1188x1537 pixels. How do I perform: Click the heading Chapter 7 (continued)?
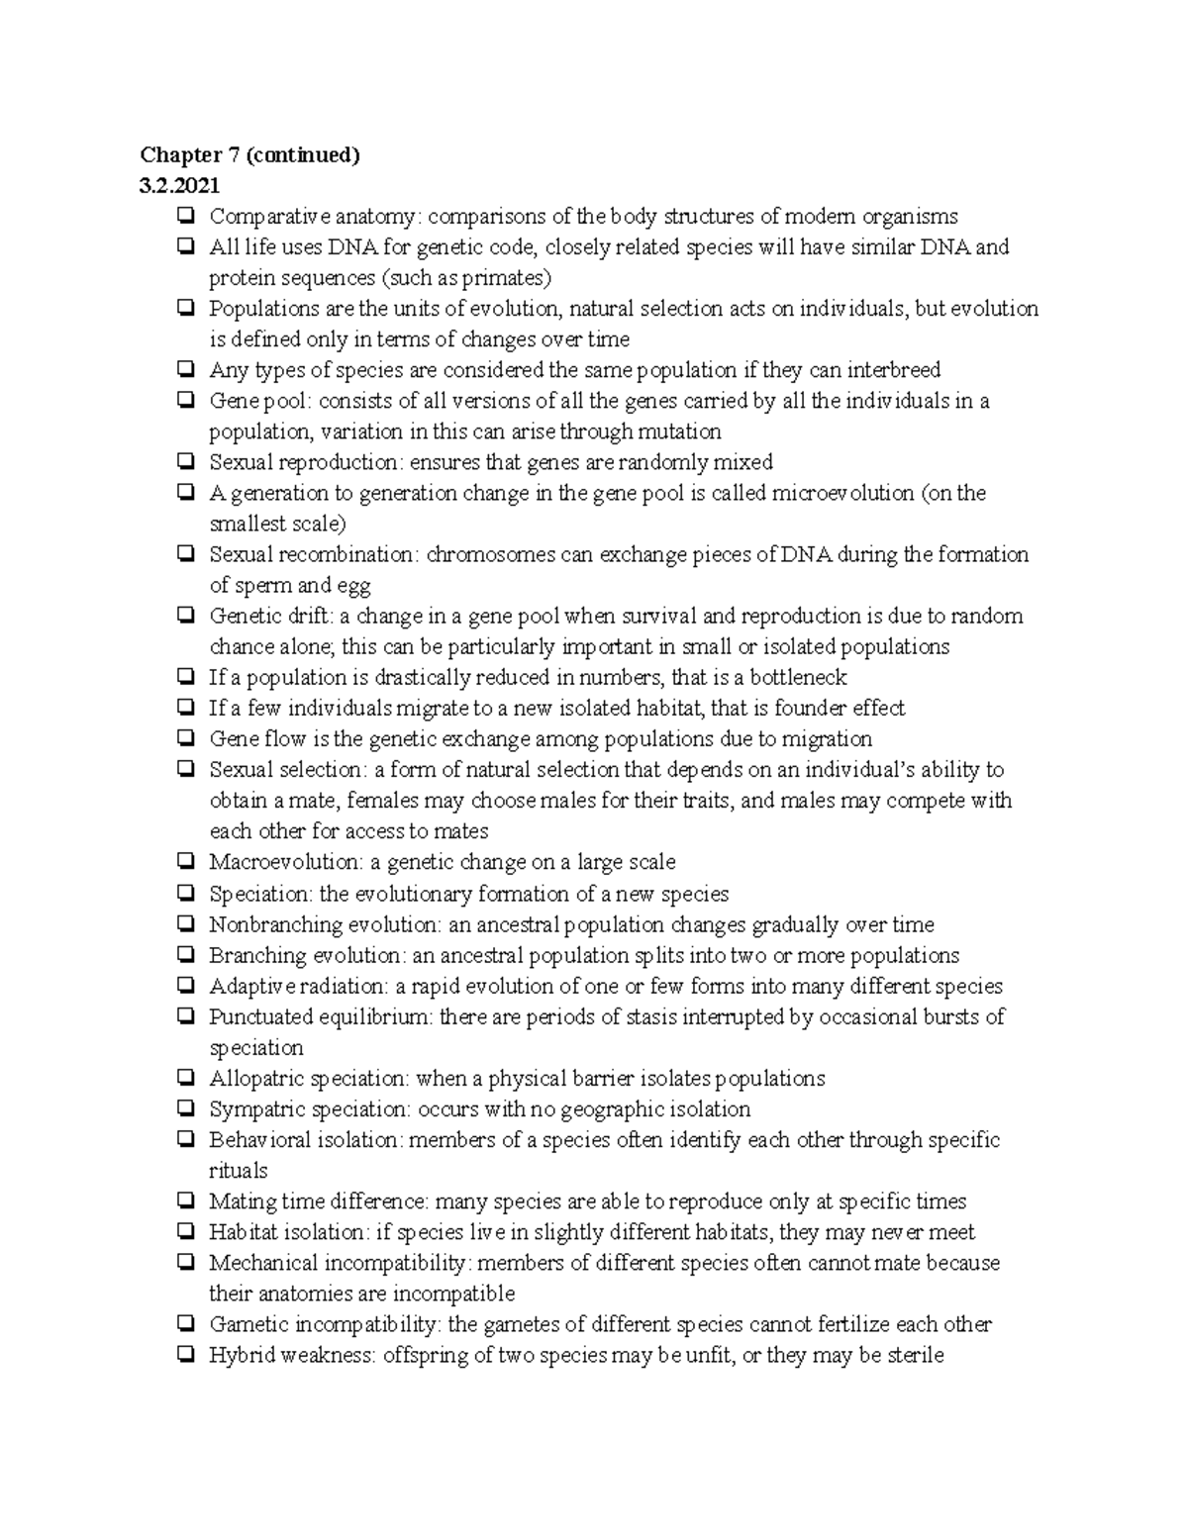point(249,155)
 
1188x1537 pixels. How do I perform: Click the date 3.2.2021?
point(180,186)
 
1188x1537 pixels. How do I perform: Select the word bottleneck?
point(798,678)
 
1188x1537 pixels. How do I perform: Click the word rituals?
point(239,1171)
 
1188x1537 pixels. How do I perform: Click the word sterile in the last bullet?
point(916,1355)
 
